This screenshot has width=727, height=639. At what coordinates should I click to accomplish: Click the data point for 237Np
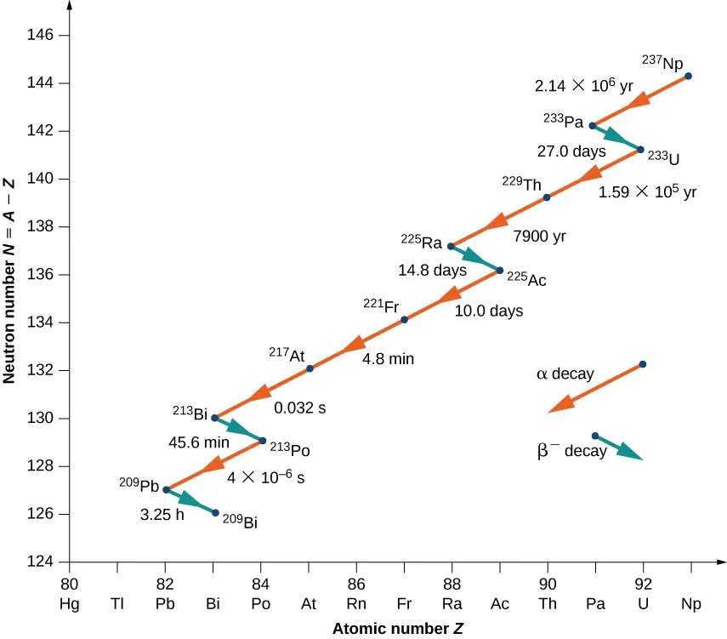pos(688,77)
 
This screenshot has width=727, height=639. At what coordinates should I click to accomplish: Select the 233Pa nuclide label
pos(562,120)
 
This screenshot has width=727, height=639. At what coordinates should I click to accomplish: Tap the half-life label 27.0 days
pos(571,152)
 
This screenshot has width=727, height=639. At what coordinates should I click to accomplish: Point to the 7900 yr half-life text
pos(538,235)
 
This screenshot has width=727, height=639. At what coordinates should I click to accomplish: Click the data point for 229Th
pos(547,197)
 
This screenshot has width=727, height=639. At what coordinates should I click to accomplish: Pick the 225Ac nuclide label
pos(525,277)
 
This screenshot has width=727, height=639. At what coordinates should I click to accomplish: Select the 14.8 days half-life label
pos(433,271)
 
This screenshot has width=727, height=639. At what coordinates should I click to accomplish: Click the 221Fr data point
pos(404,320)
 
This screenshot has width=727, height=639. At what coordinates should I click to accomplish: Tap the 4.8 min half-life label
pos(388,359)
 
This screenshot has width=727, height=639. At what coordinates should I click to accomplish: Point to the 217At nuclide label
pos(287,353)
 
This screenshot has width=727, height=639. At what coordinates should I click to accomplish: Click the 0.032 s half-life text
pos(299,408)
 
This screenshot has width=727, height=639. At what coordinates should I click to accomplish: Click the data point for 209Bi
pos(215,513)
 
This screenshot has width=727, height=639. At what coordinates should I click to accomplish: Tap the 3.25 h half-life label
pos(162,515)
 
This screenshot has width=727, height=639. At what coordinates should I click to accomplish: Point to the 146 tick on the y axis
pos(42,36)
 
